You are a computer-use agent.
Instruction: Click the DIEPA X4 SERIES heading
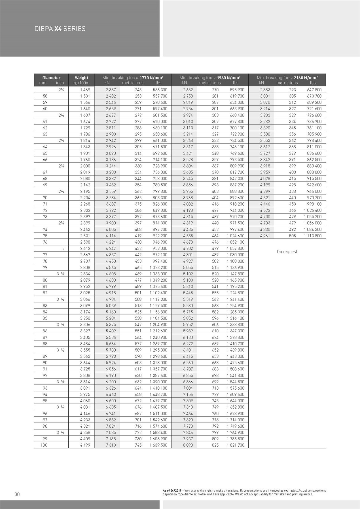pos(60,29)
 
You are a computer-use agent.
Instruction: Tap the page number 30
pos(17,494)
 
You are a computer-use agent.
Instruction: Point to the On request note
pos(287,252)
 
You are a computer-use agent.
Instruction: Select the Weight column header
pos(81,78)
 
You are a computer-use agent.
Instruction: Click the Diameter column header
pos(51,78)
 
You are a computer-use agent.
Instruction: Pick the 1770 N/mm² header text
pos(151,78)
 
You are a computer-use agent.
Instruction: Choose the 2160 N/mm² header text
pos(306,78)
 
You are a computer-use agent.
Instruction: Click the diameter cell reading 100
pos(44,445)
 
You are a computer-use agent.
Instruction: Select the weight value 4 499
pos(85,445)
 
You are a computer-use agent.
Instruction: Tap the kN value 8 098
pos(188,445)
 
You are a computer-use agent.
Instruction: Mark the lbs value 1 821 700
pos(235,445)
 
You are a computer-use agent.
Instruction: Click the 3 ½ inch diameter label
pos(60,350)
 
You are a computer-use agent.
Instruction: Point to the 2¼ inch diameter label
pos(62,90)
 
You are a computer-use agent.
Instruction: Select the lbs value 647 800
pos(314,90)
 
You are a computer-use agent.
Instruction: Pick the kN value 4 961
pos(265,236)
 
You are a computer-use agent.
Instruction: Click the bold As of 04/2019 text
pos(172,491)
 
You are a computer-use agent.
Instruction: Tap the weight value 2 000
pos(85,166)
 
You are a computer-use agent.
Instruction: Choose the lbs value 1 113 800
pos(313,236)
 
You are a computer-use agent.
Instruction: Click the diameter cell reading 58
pos(45,96)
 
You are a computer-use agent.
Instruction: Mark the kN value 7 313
pos(111,445)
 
